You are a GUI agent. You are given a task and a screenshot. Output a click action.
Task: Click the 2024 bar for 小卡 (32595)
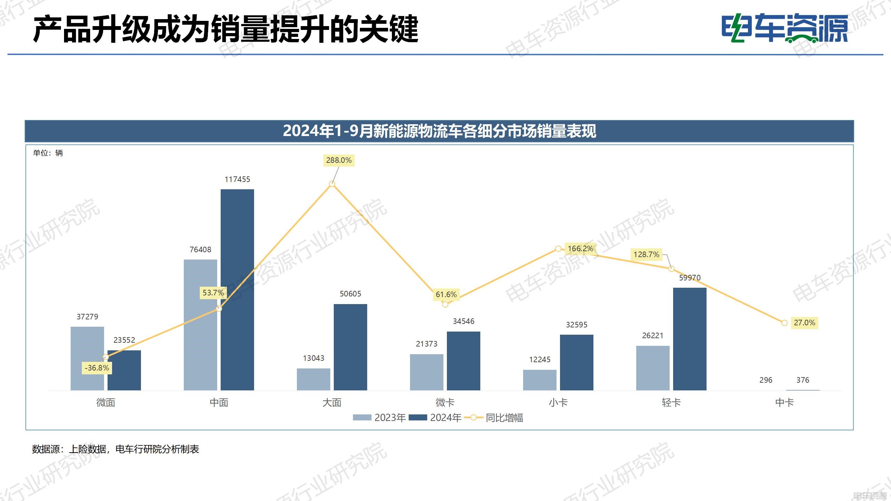(576, 362)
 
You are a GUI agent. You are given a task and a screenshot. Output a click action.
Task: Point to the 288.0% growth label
(339, 160)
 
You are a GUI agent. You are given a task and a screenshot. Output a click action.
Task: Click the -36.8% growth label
(97, 368)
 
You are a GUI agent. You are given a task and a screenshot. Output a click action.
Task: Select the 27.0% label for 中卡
(804, 323)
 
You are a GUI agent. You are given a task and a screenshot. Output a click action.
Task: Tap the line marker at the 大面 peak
(332, 184)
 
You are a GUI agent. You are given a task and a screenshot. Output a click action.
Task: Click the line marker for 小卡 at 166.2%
(558, 249)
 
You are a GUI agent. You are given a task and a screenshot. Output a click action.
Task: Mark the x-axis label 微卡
(445, 403)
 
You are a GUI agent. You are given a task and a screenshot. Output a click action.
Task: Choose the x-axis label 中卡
(784, 403)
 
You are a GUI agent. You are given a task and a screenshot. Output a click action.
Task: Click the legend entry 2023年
(379, 417)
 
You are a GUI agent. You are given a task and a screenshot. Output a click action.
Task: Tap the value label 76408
(200, 250)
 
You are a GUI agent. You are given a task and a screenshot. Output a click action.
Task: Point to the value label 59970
(689, 278)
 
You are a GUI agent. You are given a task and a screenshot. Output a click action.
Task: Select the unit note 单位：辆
(48, 153)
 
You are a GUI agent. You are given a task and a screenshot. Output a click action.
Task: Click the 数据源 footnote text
(115, 449)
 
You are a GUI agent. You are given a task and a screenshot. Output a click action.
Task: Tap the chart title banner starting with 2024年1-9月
(439, 131)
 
